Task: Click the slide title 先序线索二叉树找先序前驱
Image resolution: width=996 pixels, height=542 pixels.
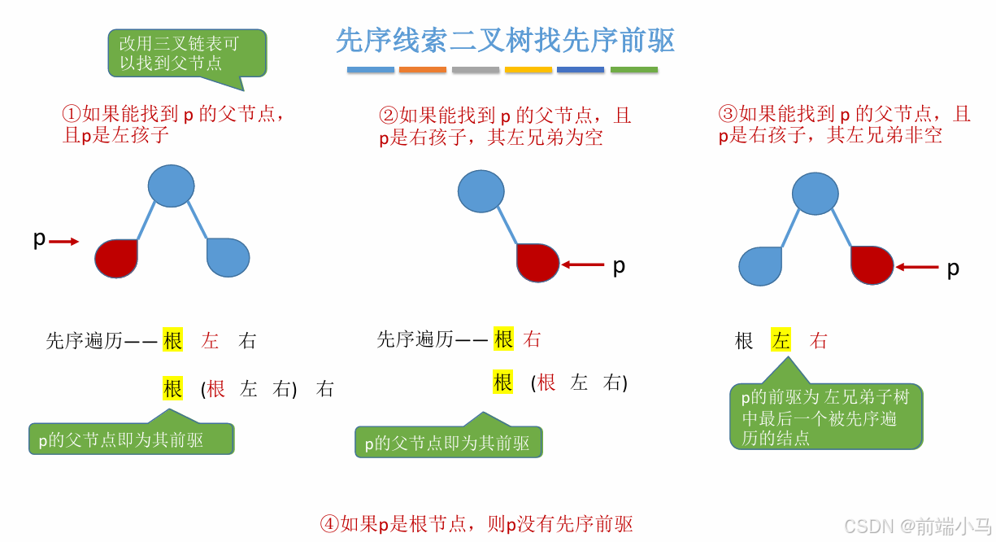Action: pyautogui.click(x=505, y=40)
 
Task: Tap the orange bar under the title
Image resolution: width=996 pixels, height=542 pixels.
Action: pyautogui.click(x=423, y=70)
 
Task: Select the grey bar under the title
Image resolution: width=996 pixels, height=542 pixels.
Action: pyautogui.click(x=475, y=70)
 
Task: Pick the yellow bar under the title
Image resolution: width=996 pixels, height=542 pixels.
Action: pyautogui.click(x=528, y=70)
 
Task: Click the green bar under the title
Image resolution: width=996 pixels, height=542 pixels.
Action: pyautogui.click(x=634, y=70)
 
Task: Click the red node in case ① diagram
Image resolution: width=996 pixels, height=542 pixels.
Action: pyautogui.click(x=116, y=258)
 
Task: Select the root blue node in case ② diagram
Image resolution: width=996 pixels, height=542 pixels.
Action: pyautogui.click(x=482, y=191)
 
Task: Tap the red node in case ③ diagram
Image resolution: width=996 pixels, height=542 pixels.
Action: pyautogui.click(x=872, y=264)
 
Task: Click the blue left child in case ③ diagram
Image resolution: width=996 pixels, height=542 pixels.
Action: pyautogui.click(x=760, y=265)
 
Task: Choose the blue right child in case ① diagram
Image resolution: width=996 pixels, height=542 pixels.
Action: pyautogui.click(x=228, y=257)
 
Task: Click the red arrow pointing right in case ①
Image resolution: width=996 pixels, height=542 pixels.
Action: pyautogui.click(x=64, y=241)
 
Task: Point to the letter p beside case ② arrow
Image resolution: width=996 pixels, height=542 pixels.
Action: pyautogui.click(x=619, y=265)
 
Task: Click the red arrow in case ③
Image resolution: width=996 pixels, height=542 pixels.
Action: pyautogui.click(x=917, y=266)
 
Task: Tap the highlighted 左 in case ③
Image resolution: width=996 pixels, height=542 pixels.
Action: pyautogui.click(x=781, y=341)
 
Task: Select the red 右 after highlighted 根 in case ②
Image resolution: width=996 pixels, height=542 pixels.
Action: pyautogui.click(x=533, y=339)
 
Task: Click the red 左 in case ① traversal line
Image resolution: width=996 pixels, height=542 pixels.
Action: pyautogui.click(x=211, y=341)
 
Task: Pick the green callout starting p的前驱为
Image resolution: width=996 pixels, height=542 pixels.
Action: pyautogui.click(x=825, y=417)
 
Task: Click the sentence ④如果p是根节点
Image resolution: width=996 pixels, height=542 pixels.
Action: pyautogui.click(x=476, y=523)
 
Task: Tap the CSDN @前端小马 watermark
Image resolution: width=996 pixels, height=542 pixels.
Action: pyautogui.click(x=917, y=526)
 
